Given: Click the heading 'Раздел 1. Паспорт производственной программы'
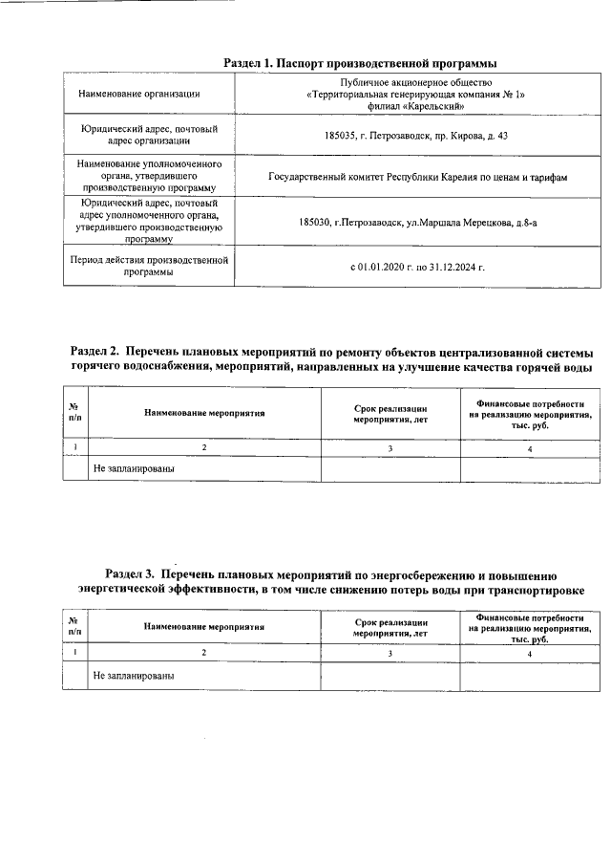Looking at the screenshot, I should (x=360, y=63).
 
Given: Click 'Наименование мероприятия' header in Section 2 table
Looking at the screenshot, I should (x=204, y=414).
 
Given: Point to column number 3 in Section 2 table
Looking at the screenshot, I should (x=390, y=447).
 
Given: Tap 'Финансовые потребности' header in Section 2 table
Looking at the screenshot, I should (x=530, y=404).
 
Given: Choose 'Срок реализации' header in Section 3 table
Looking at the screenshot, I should (x=390, y=622).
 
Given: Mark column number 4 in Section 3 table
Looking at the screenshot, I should (x=529, y=653).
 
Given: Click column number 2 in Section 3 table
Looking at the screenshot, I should (x=203, y=653).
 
